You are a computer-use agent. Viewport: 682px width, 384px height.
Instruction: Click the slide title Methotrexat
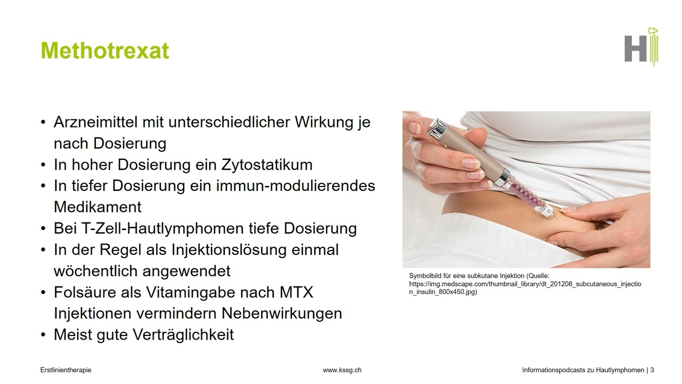(105, 51)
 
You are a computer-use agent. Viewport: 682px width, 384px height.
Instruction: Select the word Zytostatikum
(267, 164)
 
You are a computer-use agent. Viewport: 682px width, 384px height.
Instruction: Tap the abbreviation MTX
(296, 292)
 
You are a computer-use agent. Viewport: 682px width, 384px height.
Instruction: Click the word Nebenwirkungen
(282, 313)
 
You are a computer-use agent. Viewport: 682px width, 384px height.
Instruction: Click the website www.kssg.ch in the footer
(342, 370)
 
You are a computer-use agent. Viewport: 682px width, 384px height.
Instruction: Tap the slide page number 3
(652, 370)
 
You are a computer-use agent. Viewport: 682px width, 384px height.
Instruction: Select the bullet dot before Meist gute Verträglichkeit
(43, 335)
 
